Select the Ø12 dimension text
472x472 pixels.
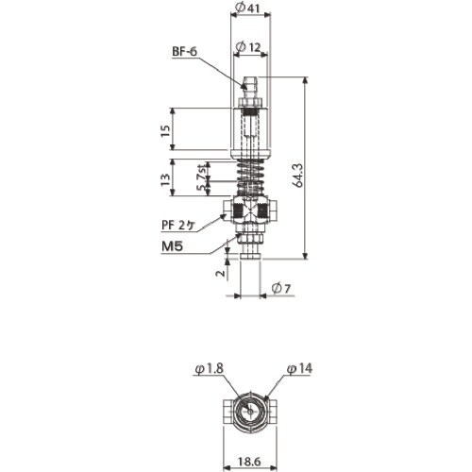[x=248, y=47]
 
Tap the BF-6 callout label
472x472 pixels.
[x=185, y=52]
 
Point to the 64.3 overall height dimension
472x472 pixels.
[x=298, y=175]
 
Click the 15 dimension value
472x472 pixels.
[x=165, y=130]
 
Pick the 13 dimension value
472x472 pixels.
[x=165, y=179]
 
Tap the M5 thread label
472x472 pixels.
[x=172, y=246]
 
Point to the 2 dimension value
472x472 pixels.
[x=221, y=273]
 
